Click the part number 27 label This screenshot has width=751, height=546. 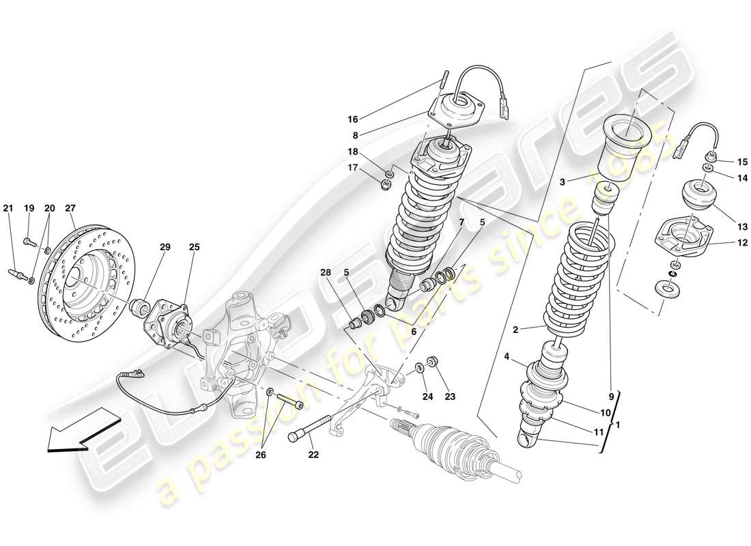70,208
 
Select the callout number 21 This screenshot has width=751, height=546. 8,208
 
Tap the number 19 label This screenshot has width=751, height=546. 29,208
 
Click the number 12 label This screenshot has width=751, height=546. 723,242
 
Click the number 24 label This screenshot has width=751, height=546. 427,397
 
